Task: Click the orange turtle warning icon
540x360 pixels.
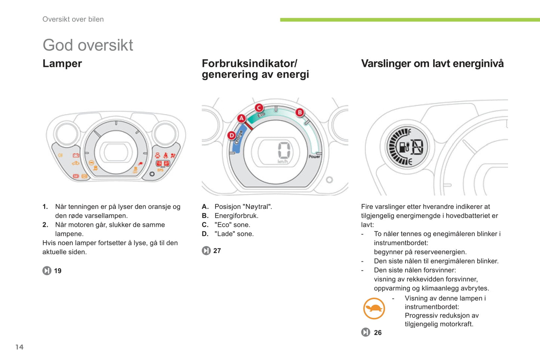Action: tap(374, 308)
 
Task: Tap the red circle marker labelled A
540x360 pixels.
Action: tap(241, 119)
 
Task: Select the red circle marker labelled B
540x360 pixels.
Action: tap(299, 112)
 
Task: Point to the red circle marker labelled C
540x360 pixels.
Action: tap(259, 108)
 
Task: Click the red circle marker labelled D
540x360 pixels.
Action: tap(231, 135)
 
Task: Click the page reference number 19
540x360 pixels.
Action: tap(58, 271)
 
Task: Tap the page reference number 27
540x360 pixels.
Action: tap(217, 251)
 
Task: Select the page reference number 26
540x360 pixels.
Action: tap(378, 332)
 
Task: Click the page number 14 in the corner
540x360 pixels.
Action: tap(19, 347)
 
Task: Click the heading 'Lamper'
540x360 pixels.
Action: tap(62, 63)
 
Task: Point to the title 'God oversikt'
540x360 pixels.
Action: tap(87, 45)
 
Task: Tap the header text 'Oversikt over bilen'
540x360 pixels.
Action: tap(73, 19)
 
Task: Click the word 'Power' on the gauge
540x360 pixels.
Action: tap(314, 156)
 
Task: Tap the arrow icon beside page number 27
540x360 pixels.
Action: tap(206, 251)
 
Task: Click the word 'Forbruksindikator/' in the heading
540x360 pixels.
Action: tap(249, 63)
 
